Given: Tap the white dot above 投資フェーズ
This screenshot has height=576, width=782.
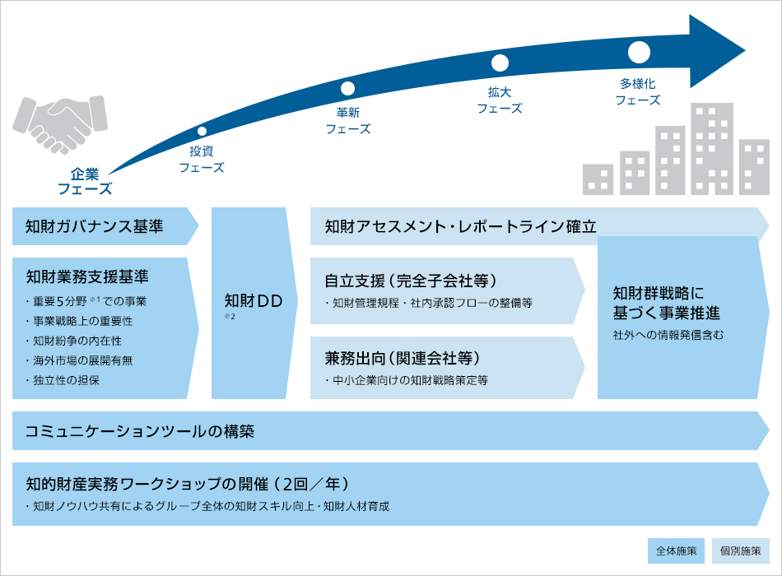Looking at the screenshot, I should pos(202,131).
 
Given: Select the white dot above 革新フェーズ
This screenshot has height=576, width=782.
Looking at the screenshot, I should pos(347,88).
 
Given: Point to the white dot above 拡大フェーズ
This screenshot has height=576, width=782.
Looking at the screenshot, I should pos(500,63).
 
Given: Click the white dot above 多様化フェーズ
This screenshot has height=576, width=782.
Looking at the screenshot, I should pos(639,52).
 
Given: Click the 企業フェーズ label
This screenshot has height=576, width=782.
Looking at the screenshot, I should pos(84,181).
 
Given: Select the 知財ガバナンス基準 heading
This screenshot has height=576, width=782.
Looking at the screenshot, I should pos(95,226).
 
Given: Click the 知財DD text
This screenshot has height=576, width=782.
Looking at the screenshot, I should pos(254,301).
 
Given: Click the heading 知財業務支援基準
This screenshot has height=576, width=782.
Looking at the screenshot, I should pos(87,275).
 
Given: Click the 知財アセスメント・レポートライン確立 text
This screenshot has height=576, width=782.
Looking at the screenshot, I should pos(460,226).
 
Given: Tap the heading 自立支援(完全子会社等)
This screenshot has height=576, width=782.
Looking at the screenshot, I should pos(411,280).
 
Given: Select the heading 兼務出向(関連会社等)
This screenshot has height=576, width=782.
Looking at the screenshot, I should pos(403,359).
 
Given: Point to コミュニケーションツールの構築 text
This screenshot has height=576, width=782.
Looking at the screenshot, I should pos(140,431).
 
